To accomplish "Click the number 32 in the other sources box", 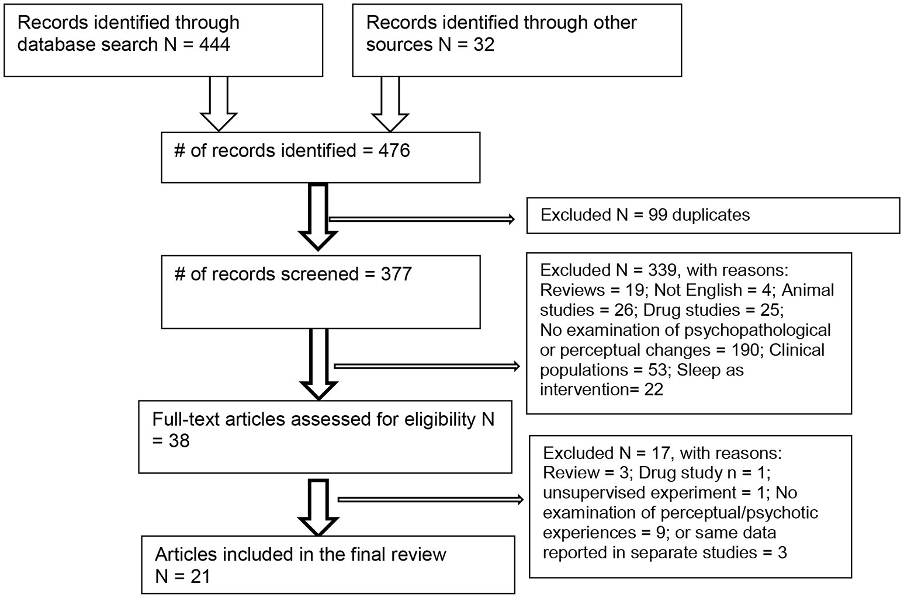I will (x=484, y=44).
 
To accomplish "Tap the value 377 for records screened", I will (x=396, y=274).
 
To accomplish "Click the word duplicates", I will (x=711, y=215).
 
